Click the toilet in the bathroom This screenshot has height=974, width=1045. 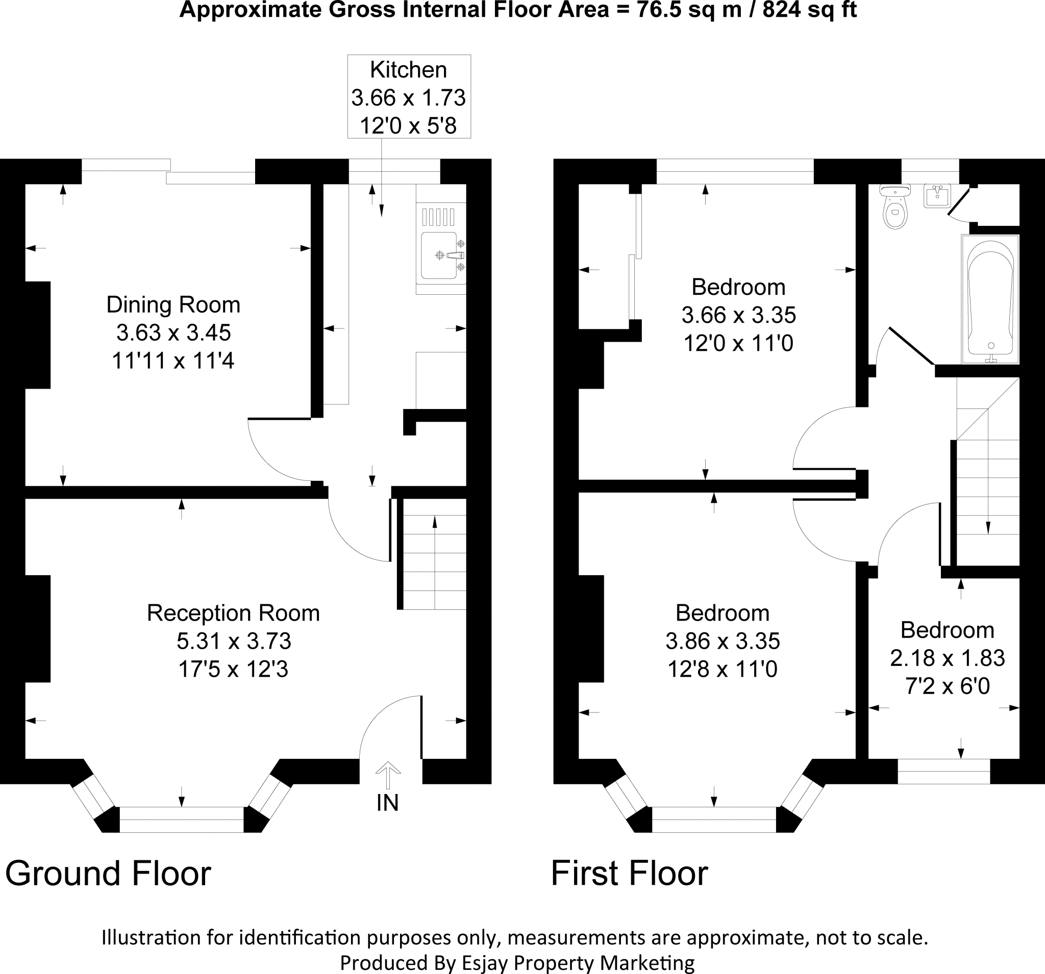894,207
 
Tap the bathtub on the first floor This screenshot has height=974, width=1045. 990,299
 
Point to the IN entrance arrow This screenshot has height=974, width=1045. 388,776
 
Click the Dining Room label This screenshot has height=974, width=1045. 173,305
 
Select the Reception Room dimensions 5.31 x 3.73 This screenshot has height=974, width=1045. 234,641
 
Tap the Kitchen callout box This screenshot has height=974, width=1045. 409,97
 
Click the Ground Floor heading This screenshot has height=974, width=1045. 108,874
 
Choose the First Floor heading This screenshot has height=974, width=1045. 630,874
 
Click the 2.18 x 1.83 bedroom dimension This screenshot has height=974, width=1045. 947,658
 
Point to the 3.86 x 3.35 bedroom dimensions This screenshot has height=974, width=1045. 723,641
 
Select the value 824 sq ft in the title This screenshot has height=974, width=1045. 809,10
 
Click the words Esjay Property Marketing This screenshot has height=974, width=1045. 578,962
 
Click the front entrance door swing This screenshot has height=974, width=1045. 390,727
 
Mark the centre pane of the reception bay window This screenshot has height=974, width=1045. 182,819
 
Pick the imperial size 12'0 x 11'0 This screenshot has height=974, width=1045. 738,344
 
